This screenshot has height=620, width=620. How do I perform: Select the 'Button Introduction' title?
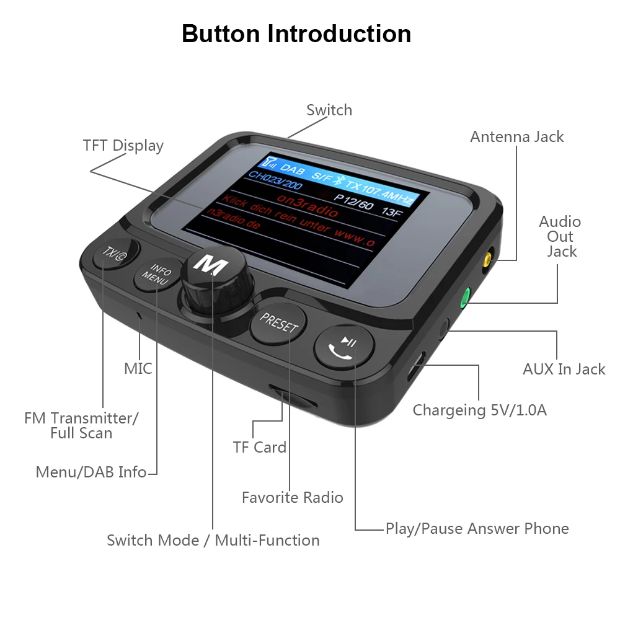pyautogui.click(x=296, y=33)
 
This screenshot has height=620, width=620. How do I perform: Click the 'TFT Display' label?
pyautogui.click(x=123, y=146)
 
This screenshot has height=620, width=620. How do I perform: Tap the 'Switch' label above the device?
pyautogui.click(x=329, y=110)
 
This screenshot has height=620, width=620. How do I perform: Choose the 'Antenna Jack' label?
pyautogui.click(x=517, y=137)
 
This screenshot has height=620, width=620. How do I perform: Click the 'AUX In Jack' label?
pyautogui.click(x=564, y=370)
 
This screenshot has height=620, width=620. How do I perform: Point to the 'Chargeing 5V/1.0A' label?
pyautogui.click(x=480, y=410)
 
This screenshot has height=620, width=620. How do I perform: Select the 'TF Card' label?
pyautogui.click(x=260, y=448)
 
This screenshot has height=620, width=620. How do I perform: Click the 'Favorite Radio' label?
pyautogui.click(x=292, y=497)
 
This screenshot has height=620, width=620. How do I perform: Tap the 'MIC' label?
pyautogui.click(x=138, y=369)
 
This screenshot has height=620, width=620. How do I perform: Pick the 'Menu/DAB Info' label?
pyautogui.click(x=91, y=472)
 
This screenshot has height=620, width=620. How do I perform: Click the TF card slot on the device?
pyautogui.click(x=293, y=397)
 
